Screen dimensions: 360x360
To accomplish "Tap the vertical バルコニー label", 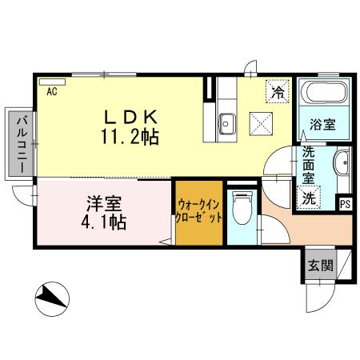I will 18,146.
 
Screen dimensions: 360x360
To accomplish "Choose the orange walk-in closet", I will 199,214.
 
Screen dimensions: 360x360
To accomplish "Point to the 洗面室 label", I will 309,167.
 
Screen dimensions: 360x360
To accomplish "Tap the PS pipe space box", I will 345,203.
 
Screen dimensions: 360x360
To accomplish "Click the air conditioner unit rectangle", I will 53,82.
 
